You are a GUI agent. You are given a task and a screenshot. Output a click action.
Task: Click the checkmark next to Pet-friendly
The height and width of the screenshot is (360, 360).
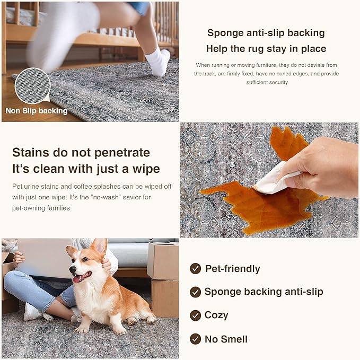[x=196, y=268]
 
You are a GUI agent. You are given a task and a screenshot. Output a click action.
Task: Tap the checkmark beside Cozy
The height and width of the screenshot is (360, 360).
[x=196, y=315]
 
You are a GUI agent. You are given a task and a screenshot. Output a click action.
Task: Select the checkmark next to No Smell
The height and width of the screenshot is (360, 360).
[x=196, y=339]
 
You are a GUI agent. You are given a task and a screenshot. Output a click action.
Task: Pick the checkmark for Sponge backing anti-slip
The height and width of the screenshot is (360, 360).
[x=196, y=292]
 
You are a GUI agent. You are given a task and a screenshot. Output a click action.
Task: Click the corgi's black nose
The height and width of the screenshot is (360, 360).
[x=73, y=268]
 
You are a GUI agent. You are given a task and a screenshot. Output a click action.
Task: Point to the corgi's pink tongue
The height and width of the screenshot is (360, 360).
[x=77, y=279]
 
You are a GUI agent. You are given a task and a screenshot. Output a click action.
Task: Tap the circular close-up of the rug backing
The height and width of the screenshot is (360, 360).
[x=32, y=86]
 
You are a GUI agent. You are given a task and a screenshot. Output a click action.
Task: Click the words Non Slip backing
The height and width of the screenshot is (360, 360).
[x=37, y=111]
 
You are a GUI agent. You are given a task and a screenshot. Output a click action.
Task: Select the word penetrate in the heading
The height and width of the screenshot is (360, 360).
[x=122, y=153]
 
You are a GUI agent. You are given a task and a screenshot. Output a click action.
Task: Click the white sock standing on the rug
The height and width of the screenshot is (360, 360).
[x=158, y=61]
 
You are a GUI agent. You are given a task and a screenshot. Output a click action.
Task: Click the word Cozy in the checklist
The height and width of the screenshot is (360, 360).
[x=216, y=315]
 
